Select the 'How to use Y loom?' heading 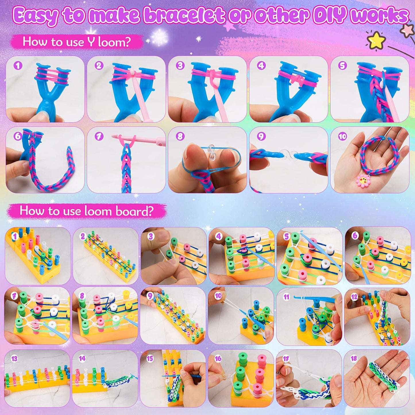(x=77, y=42)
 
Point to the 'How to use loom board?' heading (x=87, y=211)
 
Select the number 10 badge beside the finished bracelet (x=342, y=136)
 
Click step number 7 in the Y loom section (x=99, y=136)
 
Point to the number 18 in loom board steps (x=354, y=359)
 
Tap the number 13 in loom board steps (x=14, y=359)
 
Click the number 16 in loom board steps (x=218, y=359)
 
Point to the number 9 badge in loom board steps (x=150, y=296)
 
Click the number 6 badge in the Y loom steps (x=18, y=136)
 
